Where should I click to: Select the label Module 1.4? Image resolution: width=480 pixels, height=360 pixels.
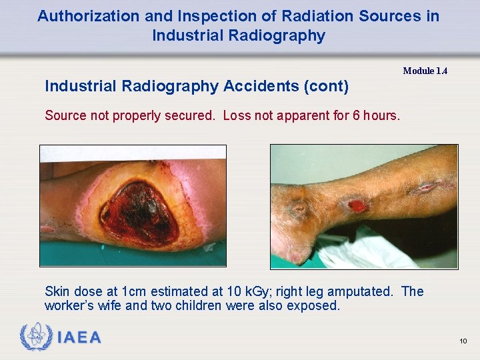[425, 71]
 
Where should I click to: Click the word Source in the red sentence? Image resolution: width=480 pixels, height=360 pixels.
[65, 115]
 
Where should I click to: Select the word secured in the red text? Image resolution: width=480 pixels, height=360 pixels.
[189, 115]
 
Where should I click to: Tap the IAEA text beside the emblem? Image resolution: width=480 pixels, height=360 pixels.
[79, 337]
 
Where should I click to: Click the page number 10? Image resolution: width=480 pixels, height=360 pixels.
[463, 341]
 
